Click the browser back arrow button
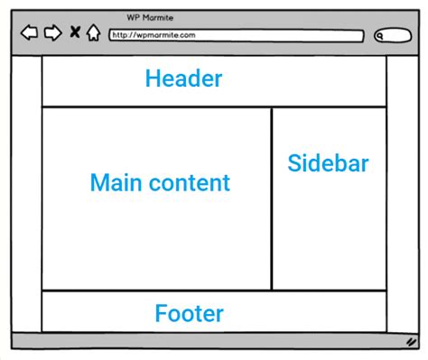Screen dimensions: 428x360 pos(29,34)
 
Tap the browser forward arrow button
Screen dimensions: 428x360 pos(53,34)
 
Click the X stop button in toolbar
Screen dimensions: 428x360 pos(75,34)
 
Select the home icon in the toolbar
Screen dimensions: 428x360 pos(93,34)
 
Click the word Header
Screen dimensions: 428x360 pos(183,79)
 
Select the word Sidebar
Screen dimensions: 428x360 pos(328,163)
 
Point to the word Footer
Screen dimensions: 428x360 pos(189,314)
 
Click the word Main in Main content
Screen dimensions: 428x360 pos(116,183)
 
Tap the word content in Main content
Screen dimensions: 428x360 pos(190,183)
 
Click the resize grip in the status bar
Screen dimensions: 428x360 pos(411,342)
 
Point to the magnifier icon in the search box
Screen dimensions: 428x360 pos(381,36)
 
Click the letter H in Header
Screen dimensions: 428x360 pos(152,79)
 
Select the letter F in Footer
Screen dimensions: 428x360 pos(161,314)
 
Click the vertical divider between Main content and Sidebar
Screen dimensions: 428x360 pos(272,198)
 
